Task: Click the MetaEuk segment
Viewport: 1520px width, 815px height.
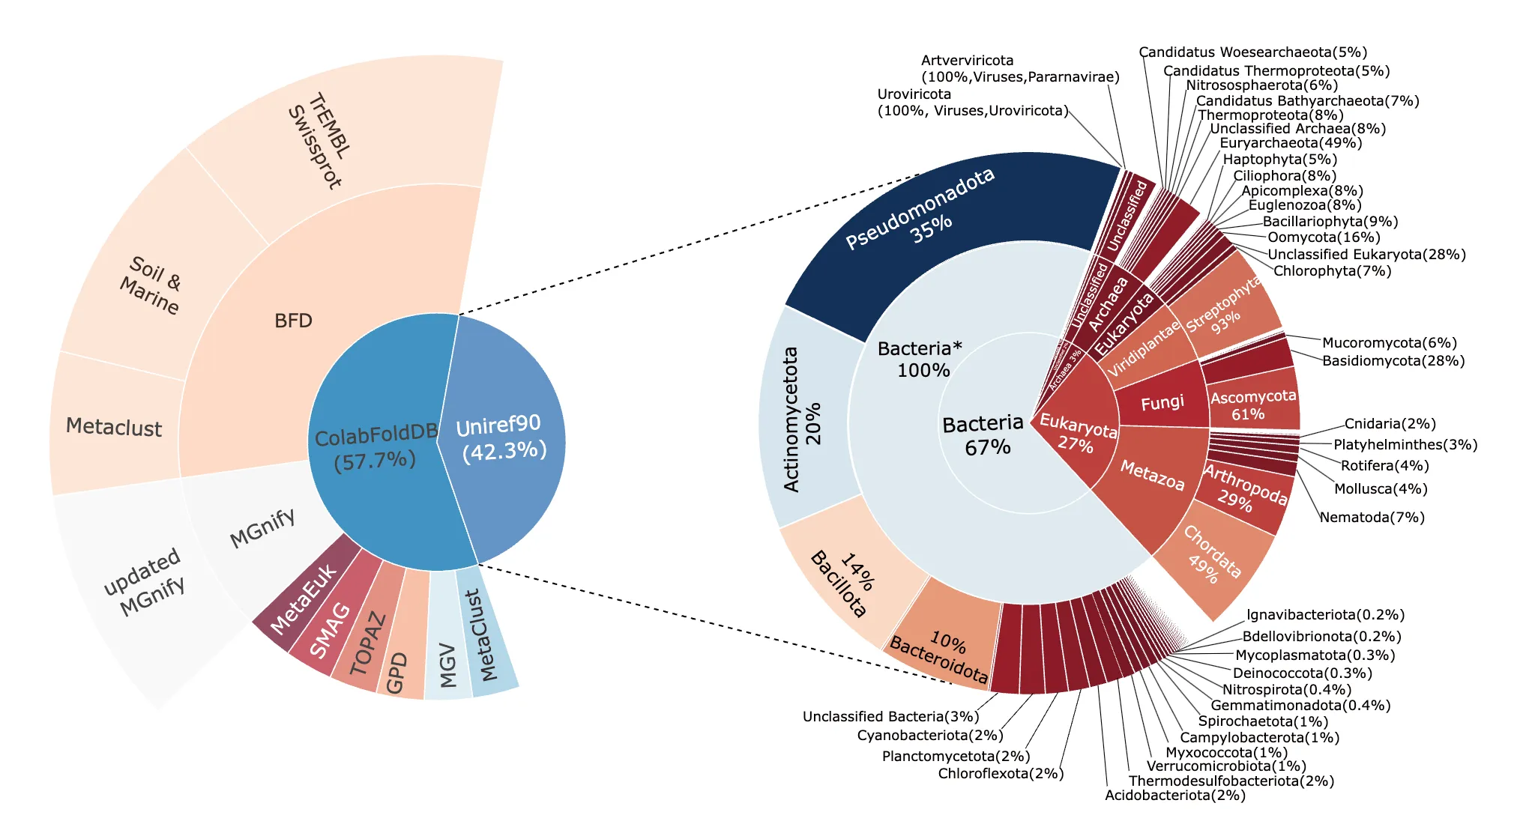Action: pos(304,599)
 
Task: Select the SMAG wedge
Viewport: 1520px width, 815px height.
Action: pos(331,630)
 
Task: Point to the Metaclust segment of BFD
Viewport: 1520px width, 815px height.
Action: pos(114,427)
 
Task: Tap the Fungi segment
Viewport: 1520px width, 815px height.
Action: pos(1162,403)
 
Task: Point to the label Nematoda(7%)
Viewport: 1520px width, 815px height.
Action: pos(1372,518)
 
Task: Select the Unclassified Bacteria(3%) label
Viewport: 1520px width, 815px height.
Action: pos(890,717)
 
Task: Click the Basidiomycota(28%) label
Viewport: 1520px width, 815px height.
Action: pos(1393,361)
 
